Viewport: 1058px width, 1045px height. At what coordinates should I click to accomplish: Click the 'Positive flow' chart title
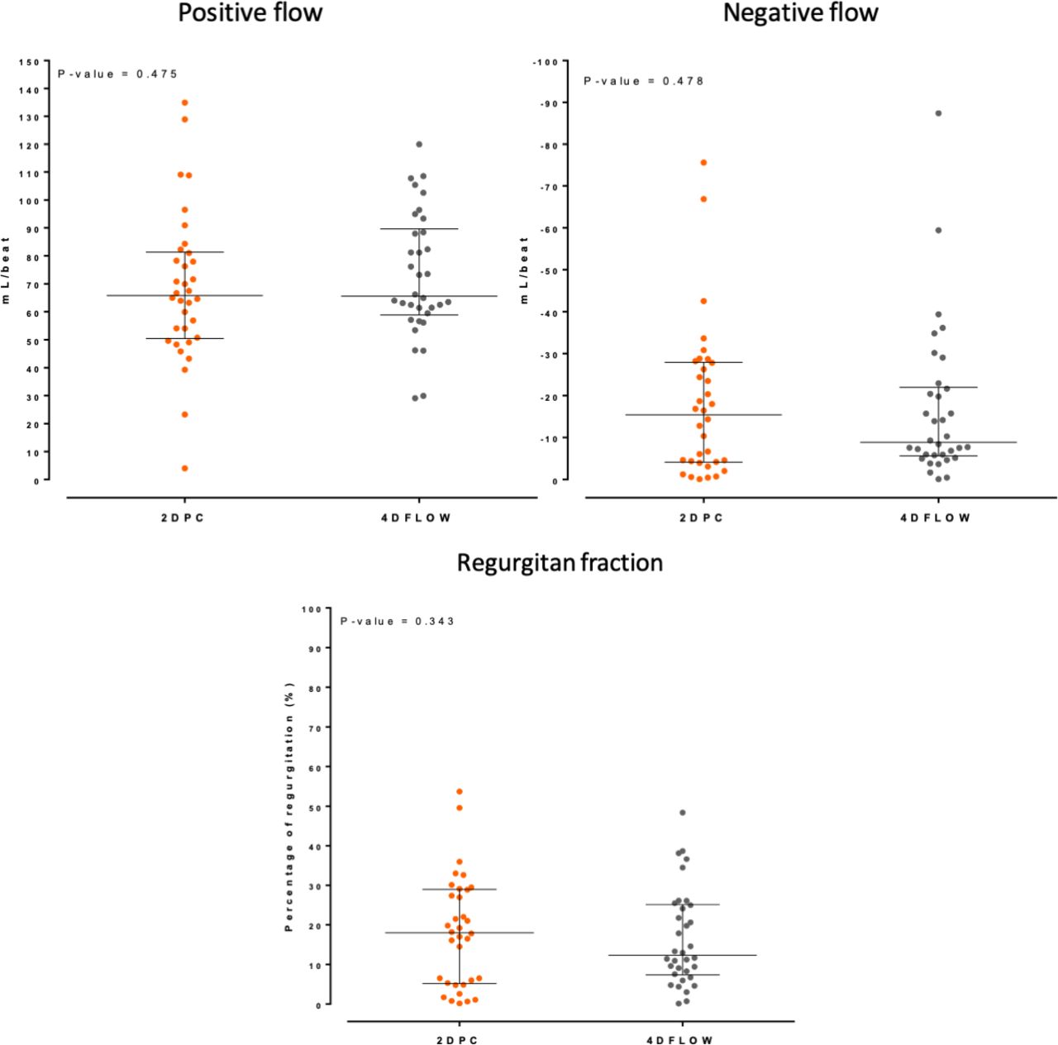tap(250, 13)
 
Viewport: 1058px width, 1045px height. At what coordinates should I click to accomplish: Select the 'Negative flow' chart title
tap(800, 13)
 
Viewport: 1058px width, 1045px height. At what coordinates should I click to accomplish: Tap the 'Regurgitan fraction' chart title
tap(560, 563)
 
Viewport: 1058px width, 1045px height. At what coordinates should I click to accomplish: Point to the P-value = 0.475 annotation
tap(117, 74)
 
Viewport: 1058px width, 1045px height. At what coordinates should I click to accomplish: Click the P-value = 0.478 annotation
tap(644, 81)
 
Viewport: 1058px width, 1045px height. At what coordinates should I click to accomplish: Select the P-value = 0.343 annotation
tap(398, 621)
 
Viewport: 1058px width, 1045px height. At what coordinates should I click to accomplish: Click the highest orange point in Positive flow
tap(185, 103)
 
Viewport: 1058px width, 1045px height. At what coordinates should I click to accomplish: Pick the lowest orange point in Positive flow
tap(185, 469)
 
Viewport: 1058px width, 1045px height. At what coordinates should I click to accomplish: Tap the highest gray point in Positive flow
tap(419, 144)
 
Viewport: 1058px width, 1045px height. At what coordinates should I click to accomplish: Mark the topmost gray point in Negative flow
tap(938, 113)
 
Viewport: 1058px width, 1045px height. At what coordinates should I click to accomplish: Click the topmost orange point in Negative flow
tap(703, 163)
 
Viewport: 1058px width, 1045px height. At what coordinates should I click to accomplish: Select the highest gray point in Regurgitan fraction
tap(683, 813)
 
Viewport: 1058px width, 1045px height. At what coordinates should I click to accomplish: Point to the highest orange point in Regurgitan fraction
tap(460, 791)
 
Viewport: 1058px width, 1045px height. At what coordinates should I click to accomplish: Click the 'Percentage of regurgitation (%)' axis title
tap(289, 807)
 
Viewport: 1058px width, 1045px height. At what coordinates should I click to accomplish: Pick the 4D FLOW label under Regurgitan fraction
tap(683, 1040)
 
